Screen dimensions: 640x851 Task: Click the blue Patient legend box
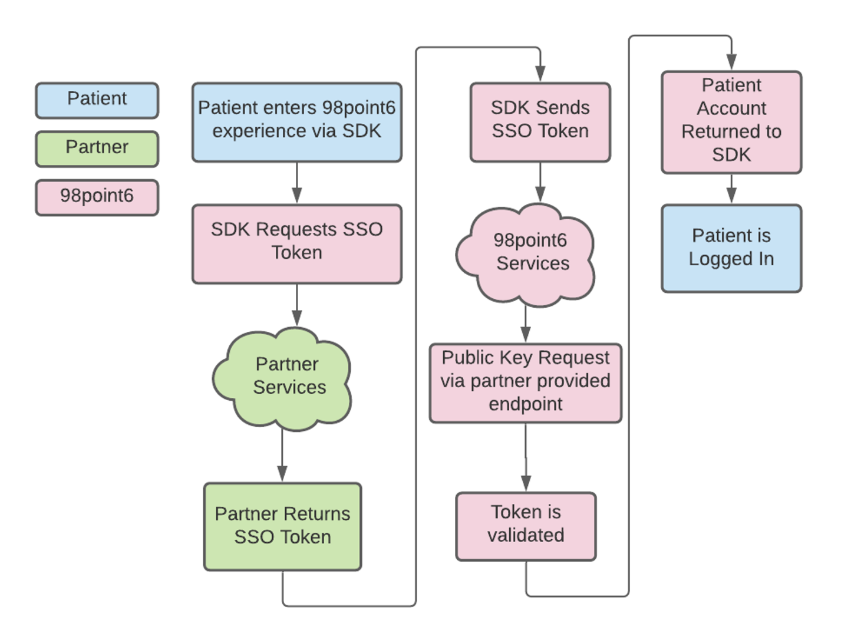97,100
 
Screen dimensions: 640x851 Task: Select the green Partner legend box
97,149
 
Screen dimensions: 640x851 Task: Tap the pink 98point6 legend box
97,197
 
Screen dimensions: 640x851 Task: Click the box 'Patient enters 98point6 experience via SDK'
296,122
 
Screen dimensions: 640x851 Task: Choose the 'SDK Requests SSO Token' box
296,243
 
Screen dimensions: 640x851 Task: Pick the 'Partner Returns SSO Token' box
282,526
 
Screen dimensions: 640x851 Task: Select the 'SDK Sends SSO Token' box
540,122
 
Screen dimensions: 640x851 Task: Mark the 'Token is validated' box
526,526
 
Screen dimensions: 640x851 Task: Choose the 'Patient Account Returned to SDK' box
731,122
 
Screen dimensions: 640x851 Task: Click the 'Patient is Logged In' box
731,248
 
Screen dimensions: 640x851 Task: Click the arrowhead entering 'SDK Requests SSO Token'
297,196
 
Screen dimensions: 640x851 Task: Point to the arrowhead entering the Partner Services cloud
297,318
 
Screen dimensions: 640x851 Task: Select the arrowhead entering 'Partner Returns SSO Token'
282,474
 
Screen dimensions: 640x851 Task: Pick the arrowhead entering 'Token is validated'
526,483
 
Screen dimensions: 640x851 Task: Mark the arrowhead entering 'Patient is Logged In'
731,196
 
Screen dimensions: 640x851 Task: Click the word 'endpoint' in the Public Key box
525,405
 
